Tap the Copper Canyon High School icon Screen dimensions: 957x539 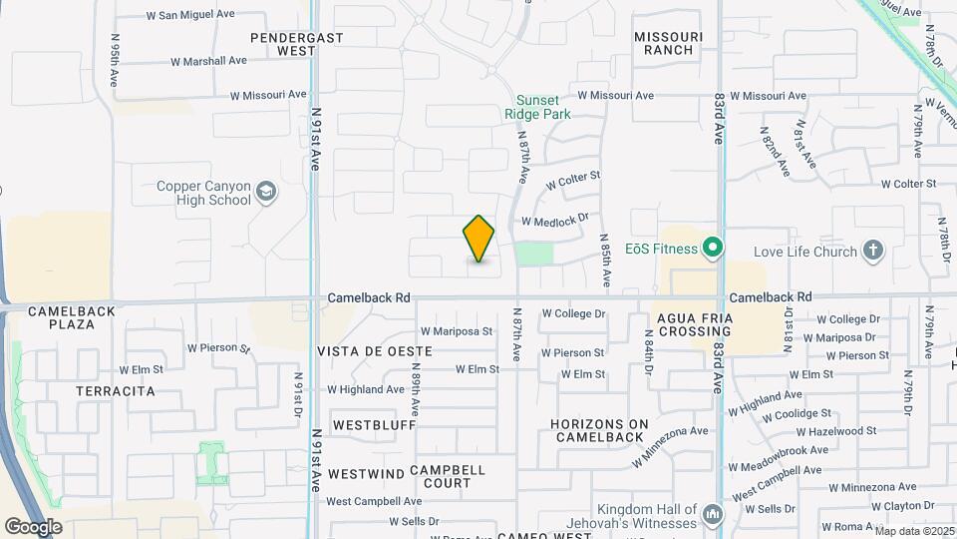(266, 192)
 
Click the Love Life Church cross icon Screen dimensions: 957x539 (873, 251)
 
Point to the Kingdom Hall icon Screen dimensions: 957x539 (713, 515)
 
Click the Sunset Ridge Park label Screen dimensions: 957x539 (543, 107)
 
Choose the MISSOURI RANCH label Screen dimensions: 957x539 (669, 43)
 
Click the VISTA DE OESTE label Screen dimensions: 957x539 (375, 351)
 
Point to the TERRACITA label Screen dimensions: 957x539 (116, 391)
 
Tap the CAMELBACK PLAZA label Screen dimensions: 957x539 (72, 317)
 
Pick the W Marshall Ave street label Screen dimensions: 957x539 (208, 61)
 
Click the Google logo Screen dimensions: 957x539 (33, 526)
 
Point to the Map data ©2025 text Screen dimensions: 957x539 (914, 531)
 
